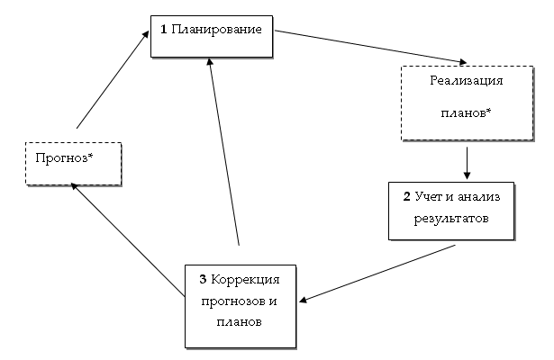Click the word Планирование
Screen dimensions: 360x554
tap(217, 29)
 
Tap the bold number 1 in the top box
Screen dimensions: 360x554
tap(164, 29)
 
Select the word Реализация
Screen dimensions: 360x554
tap(466, 81)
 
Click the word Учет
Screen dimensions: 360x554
tap(431, 194)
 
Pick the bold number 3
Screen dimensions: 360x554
tap(203, 279)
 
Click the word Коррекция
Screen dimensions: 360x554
tap(246, 279)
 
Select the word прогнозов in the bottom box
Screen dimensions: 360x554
tap(233, 300)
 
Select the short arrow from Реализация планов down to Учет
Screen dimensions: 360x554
tap(468, 163)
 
